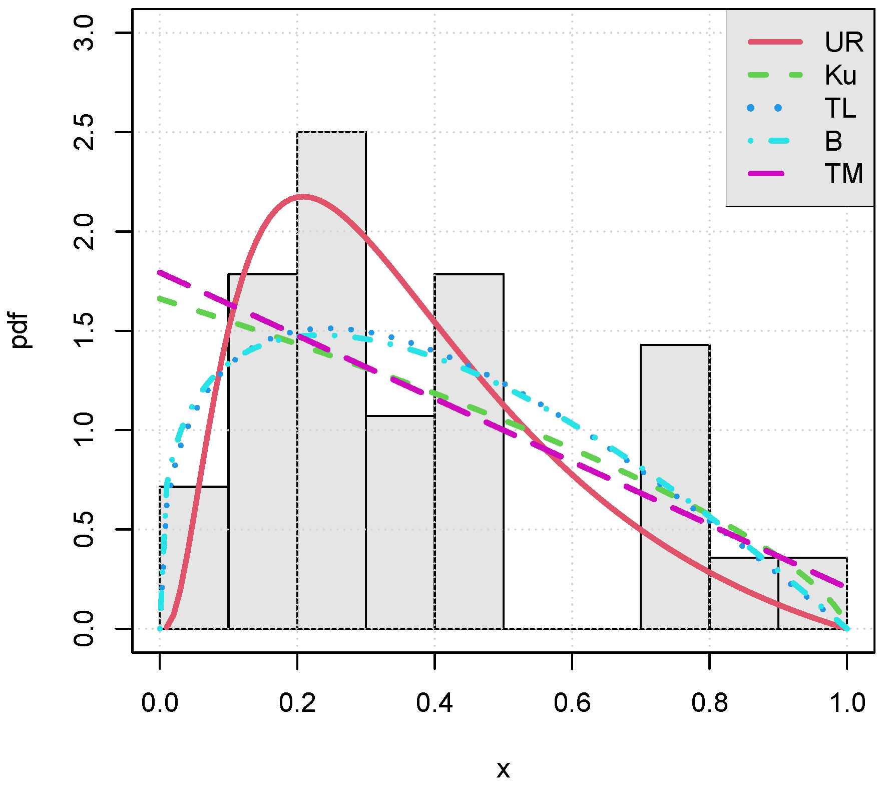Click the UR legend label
844,42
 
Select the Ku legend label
840,75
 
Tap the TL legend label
840,108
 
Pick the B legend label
833,141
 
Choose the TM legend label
844,174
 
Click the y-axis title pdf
20,330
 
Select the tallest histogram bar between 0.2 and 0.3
331,380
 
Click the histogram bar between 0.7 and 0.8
675,486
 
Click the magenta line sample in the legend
766,174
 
